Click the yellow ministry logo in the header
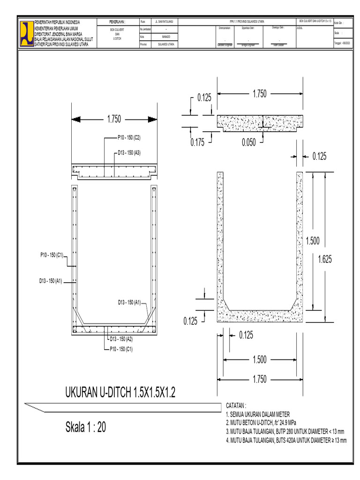[x=26, y=33]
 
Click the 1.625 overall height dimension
[x=324, y=259]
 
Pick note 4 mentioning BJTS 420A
[x=286, y=441]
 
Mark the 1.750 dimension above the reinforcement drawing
[x=114, y=120]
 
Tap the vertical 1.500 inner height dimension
[x=313, y=241]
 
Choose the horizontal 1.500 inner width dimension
[x=259, y=360]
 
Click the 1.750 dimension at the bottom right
[x=259, y=379]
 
